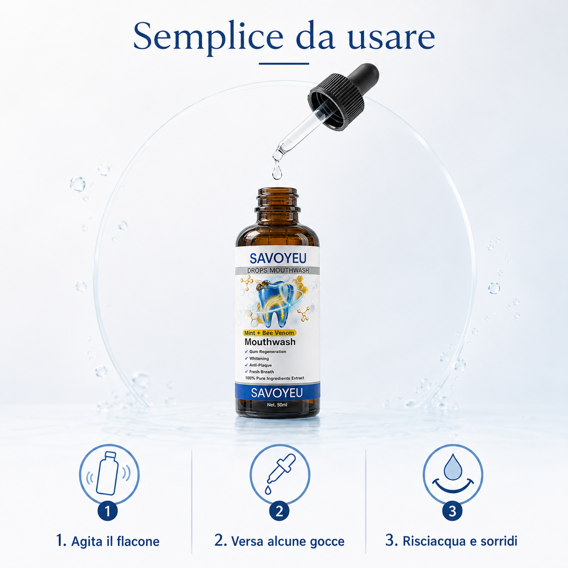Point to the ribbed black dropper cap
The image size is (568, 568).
(336, 102)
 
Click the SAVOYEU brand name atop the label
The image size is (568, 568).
(278, 258)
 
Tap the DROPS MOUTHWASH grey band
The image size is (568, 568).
(278, 270)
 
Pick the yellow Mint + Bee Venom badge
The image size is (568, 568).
(269, 333)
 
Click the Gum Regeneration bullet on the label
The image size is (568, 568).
(265, 351)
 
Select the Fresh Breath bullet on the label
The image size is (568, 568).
(260, 372)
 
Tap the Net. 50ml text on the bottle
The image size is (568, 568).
(277, 404)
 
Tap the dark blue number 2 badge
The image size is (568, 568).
(279, 511)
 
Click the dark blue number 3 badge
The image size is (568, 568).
(452, 511)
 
